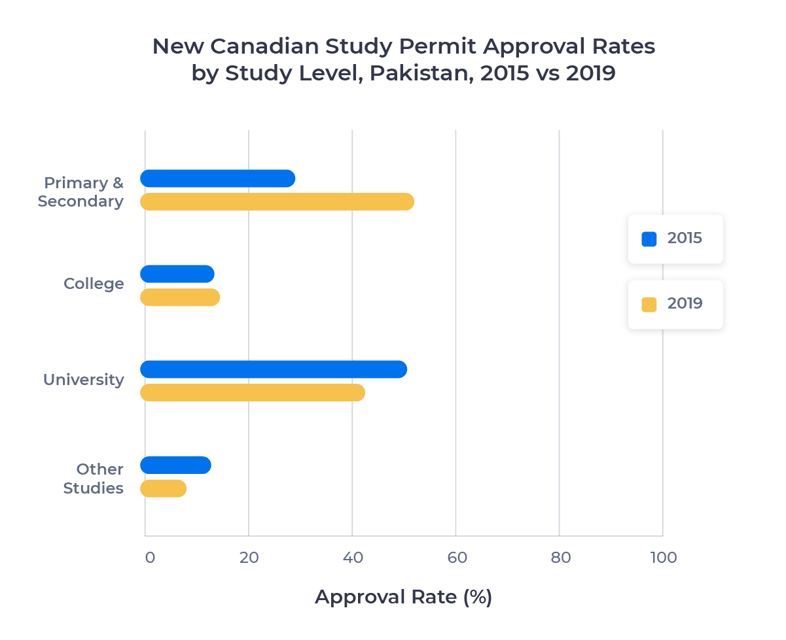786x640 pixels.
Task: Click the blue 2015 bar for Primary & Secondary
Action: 217,178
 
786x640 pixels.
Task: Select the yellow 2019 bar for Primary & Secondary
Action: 277,202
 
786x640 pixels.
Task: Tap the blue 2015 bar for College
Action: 177,274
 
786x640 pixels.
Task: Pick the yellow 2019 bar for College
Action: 180,297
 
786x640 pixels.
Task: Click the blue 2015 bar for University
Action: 274,369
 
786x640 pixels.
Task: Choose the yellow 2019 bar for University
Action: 253,393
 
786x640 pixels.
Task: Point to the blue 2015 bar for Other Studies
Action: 175,465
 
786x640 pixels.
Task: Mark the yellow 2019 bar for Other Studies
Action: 163,488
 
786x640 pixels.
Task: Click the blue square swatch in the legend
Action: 649,239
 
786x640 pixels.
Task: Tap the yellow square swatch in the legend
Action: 649,305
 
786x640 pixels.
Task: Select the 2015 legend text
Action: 685,239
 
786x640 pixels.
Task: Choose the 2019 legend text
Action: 685,304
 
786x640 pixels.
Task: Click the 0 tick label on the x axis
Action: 150,558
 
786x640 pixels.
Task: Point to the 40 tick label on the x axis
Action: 352,558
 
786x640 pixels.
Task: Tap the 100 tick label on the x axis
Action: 663,558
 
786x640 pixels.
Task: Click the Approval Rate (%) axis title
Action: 403,597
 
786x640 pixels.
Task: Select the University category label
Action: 83,380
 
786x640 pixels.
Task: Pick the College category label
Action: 94,284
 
